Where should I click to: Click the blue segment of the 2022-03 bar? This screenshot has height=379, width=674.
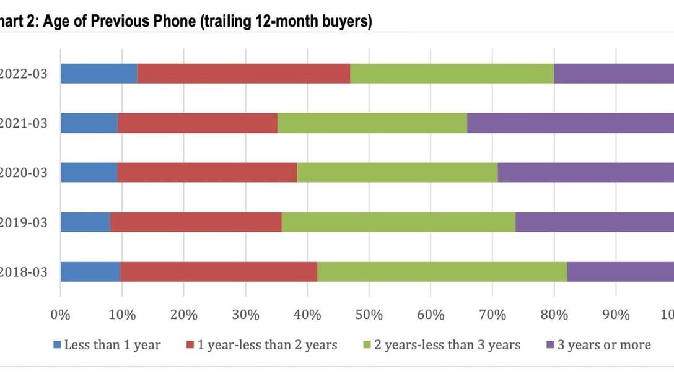point(99,74)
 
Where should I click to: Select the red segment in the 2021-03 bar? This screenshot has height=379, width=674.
point(198,123)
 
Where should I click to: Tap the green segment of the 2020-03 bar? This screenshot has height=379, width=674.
point(397,173)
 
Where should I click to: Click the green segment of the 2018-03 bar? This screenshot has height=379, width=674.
point(442,272)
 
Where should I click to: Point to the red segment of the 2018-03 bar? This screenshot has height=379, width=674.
point(219,272)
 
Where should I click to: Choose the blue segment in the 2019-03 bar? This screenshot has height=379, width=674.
point(85,222)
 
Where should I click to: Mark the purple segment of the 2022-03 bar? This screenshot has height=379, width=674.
point(613,74)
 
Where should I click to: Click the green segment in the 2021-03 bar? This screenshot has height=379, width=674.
point(372,123)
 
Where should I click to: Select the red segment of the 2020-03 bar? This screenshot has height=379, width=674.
point(207,173)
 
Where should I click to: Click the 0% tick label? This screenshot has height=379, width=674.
point(61,315)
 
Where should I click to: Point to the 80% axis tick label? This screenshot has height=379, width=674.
point(554,315)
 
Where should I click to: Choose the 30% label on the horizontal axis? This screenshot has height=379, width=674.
point(246,315)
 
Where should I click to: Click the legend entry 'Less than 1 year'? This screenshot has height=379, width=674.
point(112,345)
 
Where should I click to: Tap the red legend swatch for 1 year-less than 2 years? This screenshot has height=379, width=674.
point(191,345)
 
